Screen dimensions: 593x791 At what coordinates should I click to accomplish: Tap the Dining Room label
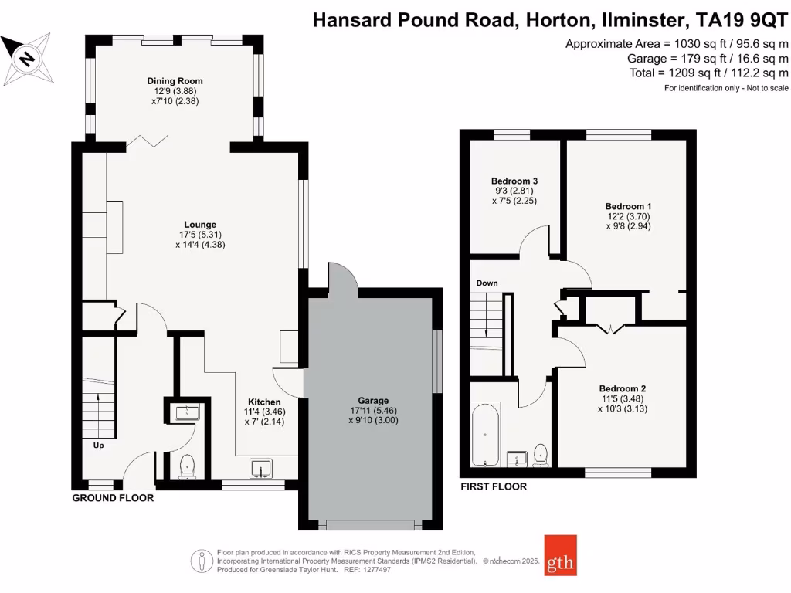coord(175,81)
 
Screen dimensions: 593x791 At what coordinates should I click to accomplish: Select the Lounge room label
coord(200,225)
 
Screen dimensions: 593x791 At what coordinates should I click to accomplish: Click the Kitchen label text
coord(263,402)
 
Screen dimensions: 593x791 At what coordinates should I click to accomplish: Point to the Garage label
coord(373,401)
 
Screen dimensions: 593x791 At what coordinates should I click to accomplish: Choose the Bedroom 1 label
coord(628,207)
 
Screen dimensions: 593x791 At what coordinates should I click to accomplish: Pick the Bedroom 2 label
coord(622,388)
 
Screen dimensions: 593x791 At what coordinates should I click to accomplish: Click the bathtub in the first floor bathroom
coord(486,435)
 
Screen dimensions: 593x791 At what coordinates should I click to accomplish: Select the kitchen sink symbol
coord(263,469)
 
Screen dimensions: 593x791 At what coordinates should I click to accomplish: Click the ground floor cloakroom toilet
coord(186,465)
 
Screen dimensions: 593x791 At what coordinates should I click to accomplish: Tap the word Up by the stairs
coord(98,445)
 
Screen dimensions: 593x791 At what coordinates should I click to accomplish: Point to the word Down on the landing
coord(487,283)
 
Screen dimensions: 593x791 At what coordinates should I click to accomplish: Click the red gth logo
coord(560,555)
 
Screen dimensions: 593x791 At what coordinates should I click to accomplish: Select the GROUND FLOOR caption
coord(113,498)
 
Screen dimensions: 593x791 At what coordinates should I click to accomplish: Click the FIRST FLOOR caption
coord(494,486)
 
